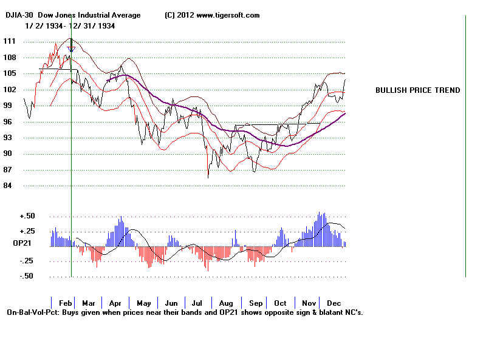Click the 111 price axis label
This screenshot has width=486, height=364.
tap(9, 41)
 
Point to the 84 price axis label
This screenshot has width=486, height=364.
tap(9, 186)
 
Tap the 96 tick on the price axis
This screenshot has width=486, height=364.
tap(9, 121)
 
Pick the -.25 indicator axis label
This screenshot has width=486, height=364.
tap(26, 261)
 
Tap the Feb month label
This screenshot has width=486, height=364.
tap(66, 303)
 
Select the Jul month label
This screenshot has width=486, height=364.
tap(198, 303)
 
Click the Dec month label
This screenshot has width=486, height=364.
tap(334, 303)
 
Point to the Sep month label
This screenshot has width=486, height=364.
tap(255, 303)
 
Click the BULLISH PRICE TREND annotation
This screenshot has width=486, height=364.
tap(417, 90)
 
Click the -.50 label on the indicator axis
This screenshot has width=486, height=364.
tap(26, 276)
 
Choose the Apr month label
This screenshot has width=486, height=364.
tap(115, 303)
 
